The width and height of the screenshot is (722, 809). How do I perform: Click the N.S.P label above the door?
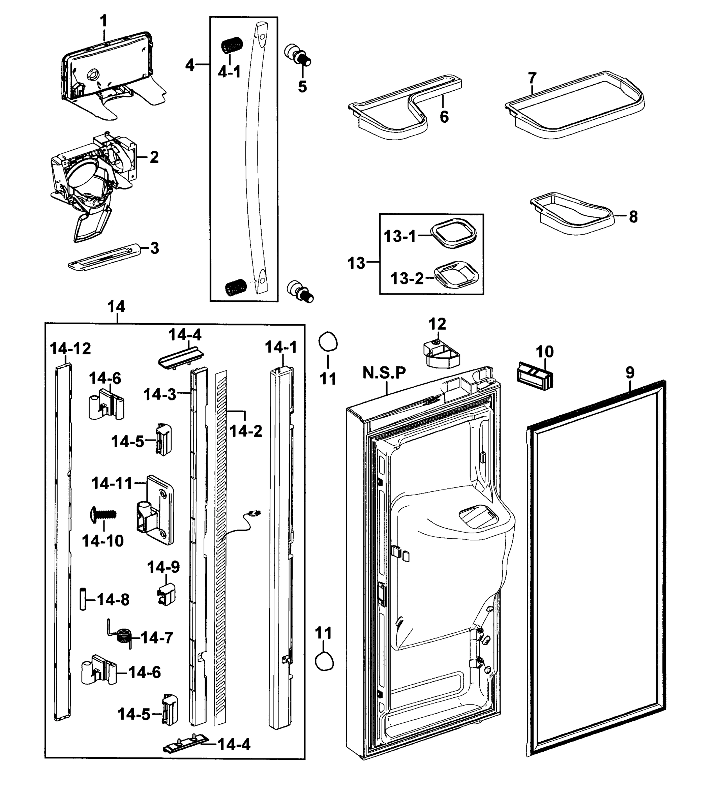tap(384, 372)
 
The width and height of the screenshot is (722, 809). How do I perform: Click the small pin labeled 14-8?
tap(83, 599)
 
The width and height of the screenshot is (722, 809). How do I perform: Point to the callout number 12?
tap(437, 324)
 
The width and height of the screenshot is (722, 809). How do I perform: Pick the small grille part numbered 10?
tap(535, 374)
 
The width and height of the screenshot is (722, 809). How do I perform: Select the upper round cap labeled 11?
tap(328, 341)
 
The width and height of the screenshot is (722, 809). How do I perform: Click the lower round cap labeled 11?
tap(324, 662)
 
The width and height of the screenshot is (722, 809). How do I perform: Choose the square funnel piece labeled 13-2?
tap(456, 275)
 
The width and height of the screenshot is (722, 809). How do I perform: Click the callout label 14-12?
tap(70, 349)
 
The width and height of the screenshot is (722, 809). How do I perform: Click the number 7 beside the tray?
tap(532, 78)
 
